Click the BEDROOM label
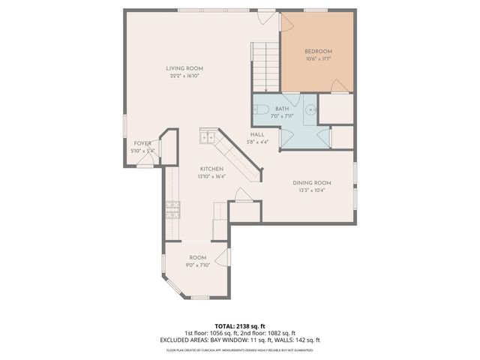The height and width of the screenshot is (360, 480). coord(319,51)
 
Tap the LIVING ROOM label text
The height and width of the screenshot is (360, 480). coord(184,68)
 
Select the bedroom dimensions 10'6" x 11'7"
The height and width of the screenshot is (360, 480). coord(319,58)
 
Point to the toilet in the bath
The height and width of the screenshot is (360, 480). coord(262,109)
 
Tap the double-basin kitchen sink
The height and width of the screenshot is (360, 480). coord(208,137)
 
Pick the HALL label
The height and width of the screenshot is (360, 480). coord(257,135)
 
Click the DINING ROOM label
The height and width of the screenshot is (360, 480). coord(312,182)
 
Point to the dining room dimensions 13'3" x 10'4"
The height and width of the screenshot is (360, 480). coord(312,190)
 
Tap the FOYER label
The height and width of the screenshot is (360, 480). coord(142,142)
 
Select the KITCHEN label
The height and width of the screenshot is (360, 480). coord(211,169)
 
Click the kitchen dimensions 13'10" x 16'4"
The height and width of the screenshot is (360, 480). coord(211,176)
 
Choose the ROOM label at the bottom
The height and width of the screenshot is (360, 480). coord(197,257)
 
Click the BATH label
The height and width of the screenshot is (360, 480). coord(281,109)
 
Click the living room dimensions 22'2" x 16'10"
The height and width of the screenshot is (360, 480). coord(184,76)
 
